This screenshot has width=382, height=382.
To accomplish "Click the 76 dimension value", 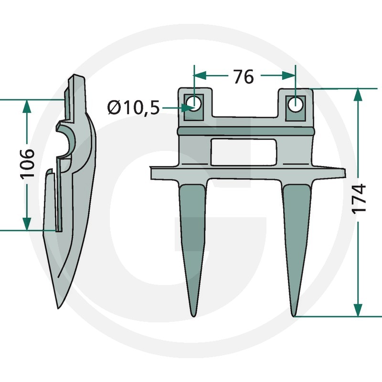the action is (244, 76).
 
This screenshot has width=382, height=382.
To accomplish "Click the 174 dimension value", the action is (359, 199).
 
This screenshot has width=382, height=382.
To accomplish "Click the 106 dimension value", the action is (27, 164).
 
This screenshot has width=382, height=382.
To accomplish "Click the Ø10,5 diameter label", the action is (133, 107).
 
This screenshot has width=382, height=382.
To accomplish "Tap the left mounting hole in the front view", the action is (194, 104).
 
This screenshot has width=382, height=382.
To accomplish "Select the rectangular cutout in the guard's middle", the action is (244, 152).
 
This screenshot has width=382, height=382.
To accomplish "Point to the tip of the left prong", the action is (193, 316).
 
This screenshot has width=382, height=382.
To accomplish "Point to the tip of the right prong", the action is (294, 316).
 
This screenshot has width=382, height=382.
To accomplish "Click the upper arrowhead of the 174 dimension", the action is (358, 94).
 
